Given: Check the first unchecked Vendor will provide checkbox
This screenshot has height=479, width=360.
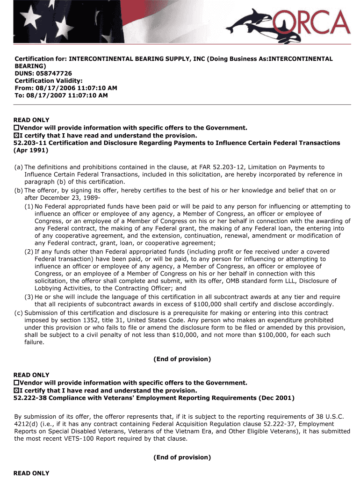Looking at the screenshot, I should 17,128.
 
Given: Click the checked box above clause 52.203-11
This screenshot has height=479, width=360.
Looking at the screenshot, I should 17,135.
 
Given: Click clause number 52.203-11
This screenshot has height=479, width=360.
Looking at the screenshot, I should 30,143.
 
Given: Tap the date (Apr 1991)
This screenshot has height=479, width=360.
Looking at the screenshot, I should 31,151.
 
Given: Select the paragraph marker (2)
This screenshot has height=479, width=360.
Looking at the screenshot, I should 29,252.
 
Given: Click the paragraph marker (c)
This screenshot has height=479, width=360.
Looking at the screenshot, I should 19,313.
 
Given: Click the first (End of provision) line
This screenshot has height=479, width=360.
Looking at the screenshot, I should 182,359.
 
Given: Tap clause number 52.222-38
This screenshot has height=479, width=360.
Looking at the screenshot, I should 30,398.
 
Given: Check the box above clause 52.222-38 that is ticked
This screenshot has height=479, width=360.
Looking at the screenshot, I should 17,391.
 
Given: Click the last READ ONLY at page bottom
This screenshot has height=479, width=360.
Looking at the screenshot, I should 31,473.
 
